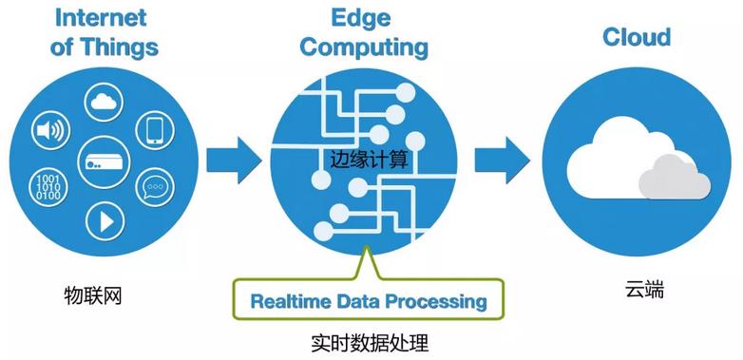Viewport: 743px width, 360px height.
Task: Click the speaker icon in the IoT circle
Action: [50, 131]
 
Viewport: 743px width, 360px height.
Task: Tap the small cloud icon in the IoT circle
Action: [104, 102]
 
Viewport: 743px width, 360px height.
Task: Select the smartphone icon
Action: [155, 130]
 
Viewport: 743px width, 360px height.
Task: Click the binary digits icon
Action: [48, 187]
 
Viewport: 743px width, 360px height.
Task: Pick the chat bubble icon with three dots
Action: [155, 186]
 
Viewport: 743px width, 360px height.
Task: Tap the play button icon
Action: [105, 221]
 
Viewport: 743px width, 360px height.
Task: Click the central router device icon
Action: [104, 162]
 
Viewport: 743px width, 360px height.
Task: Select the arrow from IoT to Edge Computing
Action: [234, 161]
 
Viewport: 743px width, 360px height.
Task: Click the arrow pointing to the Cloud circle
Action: [503, 161]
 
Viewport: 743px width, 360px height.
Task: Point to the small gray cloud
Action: [675, 178]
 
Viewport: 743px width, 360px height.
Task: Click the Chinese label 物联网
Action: [93, 296]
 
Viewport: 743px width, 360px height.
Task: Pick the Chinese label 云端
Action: [644, 290]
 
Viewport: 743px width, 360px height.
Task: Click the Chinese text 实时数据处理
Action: [370, 344]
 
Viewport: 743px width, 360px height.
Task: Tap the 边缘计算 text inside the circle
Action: [369, 160]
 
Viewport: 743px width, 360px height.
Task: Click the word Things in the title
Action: [119, 47]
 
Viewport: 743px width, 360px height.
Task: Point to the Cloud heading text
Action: [637, 36]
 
